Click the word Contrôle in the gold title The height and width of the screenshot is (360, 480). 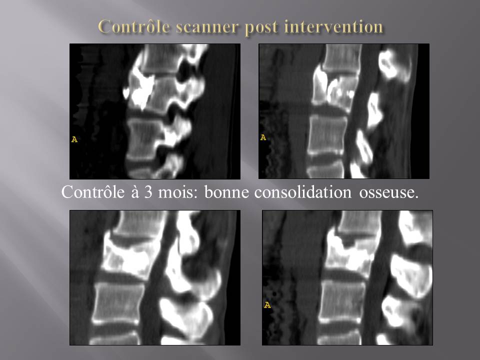[134, 26]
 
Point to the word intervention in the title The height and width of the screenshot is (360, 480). [333, 26]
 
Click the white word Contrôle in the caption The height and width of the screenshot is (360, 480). [93, 192]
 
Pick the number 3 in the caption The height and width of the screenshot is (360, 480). [148, 192]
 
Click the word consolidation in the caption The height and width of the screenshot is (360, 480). [303, 192]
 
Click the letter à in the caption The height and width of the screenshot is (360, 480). [135, 192]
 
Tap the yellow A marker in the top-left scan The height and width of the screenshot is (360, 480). [74, 139]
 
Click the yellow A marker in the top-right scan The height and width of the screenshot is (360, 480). [263, 138]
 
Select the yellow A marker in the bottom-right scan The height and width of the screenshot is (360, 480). [267, 305]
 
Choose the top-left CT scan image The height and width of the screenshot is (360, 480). [155, 111]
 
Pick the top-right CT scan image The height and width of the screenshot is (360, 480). [344, 111]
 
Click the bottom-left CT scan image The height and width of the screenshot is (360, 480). [155, 277]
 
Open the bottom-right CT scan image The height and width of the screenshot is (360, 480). [347, 277]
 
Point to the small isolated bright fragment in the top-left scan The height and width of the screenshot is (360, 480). [126, 93]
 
